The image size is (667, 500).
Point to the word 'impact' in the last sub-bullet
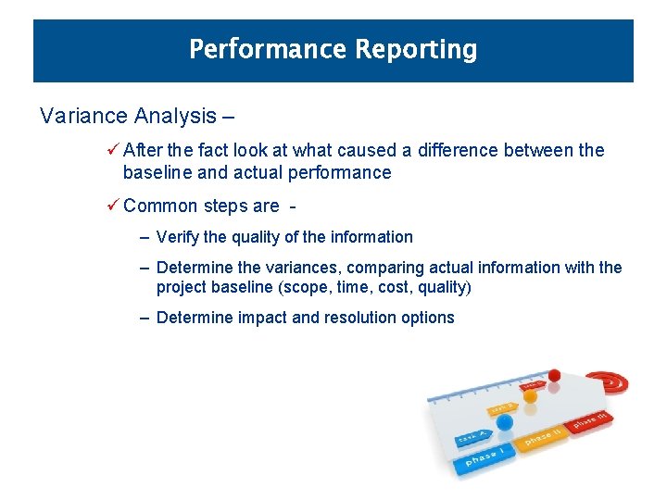pos(263,318)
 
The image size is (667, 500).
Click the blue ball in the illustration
pos(504,423)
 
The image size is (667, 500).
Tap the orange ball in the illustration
pos(530,395)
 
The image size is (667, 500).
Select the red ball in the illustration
pos(555,375)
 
